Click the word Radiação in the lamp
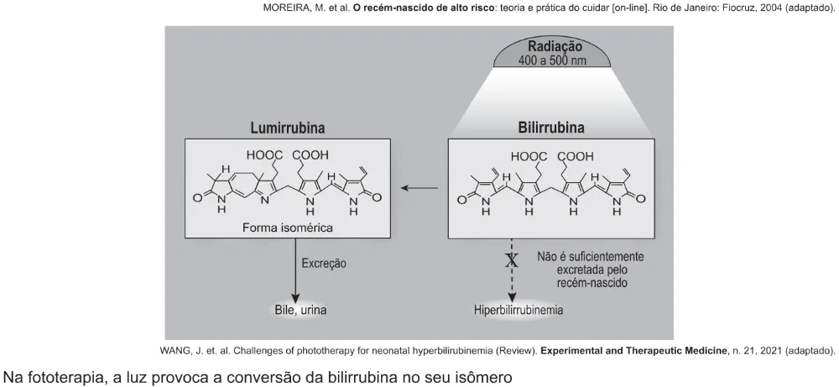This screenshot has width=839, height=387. pos(555,46)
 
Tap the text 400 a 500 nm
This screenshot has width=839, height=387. pos(552,60)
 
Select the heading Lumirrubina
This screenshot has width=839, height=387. pos(287,128)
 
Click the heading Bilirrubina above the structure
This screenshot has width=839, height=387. pos(551,128)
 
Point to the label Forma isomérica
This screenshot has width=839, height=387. pos(287,227)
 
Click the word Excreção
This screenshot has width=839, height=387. pos(324,264)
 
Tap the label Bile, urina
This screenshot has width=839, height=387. pos(300,310)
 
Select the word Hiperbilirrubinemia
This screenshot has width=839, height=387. pos(518,310)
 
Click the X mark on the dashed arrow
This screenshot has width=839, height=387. pos(512,260)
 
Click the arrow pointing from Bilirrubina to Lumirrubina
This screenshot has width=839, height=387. pos(419,188)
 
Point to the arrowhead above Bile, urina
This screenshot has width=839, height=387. pos(294,298)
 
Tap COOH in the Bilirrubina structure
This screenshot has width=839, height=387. pos(576,157)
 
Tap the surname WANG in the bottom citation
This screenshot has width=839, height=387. pos(175,351)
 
